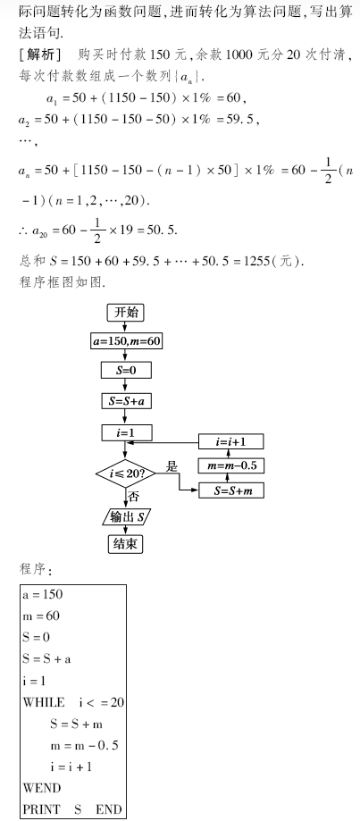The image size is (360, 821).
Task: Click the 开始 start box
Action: click(x=126, y=313)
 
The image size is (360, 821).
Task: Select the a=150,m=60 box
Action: click(x=126, y=342)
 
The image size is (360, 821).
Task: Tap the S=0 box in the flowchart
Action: click(x=126, y=370)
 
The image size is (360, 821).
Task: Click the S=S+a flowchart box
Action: click(x=126, y=401)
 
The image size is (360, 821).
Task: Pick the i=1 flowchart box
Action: click(x=126, y=433)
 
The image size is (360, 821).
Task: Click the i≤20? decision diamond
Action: click(x=126, y=474)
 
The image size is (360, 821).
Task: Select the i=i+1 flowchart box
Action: click(x=230, y=441)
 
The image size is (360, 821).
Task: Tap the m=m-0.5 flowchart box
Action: click(x=230, y=465)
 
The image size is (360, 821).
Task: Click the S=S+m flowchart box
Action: click(x=230, y=490)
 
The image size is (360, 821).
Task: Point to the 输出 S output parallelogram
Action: click(x=126, y=517)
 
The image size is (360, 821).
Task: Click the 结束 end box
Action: click(x=126, y=544)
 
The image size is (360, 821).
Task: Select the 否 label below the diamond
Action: click(x=133, y=497)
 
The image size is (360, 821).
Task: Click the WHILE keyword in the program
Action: click(x=44, y=702)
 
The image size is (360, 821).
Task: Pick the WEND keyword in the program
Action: click(x=42, y=788)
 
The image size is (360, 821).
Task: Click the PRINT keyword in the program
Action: click(x=41, y=809)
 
